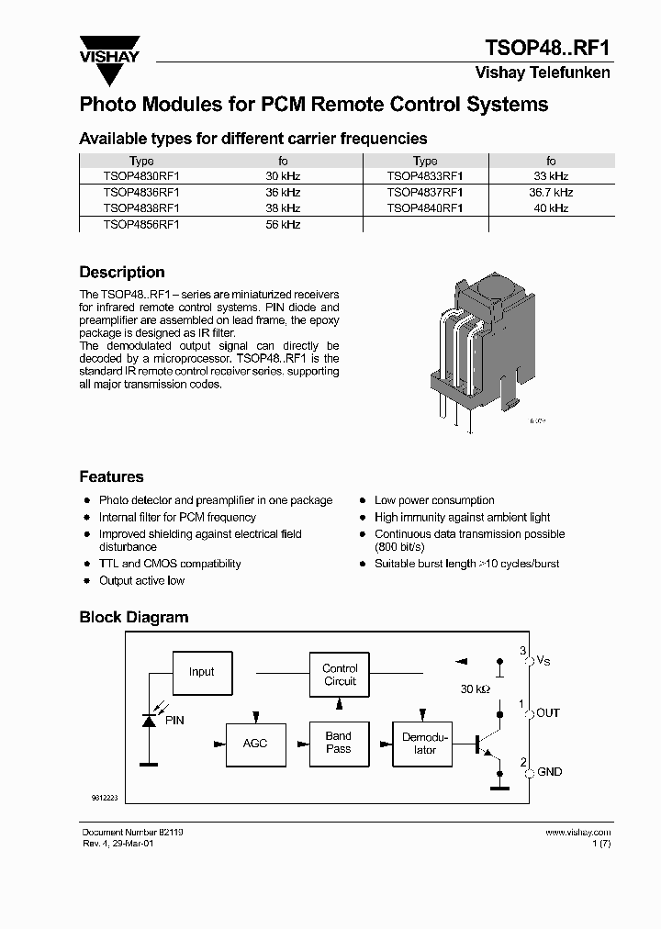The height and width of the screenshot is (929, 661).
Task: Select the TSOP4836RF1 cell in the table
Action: pyautogui.click(x=141, y=193)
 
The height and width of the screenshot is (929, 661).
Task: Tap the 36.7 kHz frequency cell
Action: pyautogui.click(x=551, y=193)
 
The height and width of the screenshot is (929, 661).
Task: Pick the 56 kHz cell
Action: pyautogui.click(x=283, y=224)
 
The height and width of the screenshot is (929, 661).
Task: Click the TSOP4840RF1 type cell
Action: pyautogui.click(x=425, y=208)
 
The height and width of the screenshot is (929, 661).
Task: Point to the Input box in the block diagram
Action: pyautogui.click(x=201, y=672)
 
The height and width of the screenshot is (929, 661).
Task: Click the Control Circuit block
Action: pyautogui.click(x=340, y=675)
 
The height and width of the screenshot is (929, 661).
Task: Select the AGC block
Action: pyautogui.click(x=255, y=743)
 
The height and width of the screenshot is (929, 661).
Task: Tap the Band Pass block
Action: pyautogui.click(x=339, y=743)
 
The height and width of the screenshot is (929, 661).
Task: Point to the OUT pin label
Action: pyautogui.click(x=548, y=713)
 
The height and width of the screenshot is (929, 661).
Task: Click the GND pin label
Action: pyautogui.click(x=549, y=772)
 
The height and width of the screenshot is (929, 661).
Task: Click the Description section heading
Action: pyautogui.click(x=122, y=273)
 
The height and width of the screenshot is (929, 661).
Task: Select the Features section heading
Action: pyautogui.click(x=111, y=477)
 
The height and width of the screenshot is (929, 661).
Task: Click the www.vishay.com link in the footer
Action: pyautogui.click(x=577, y=832)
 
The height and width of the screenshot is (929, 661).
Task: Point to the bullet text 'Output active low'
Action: pyautogui.click(x=141, y=580)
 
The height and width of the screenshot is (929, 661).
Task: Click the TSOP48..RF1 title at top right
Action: pyautogui.click(x=547, y=48)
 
